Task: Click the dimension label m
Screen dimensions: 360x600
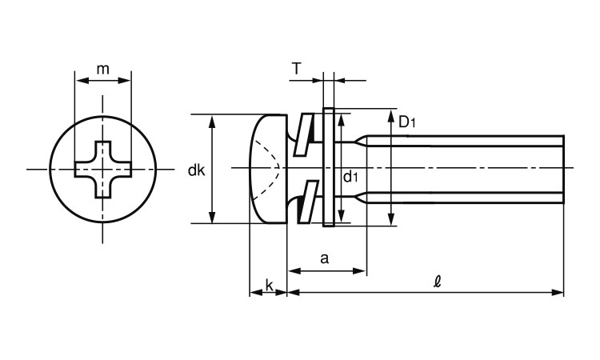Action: click(x=102, y=70)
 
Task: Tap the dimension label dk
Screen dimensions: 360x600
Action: click(x=196, y=170)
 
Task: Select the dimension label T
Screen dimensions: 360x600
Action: click(x=297, y=70)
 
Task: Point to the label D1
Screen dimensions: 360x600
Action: click(x=407, y=122)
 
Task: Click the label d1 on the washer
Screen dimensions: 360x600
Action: click(x=350, y=177)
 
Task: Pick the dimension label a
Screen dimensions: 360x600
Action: click(x=324, y=258)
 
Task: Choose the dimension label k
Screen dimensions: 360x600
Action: click(x=269, y=285)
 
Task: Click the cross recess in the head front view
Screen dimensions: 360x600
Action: click(x=102, y=170)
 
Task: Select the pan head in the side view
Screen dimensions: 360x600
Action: click(x=268, y=170)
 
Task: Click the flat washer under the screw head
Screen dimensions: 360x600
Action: click(x=328, y=170)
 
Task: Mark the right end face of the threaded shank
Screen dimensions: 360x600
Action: click(x=564, y=170)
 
